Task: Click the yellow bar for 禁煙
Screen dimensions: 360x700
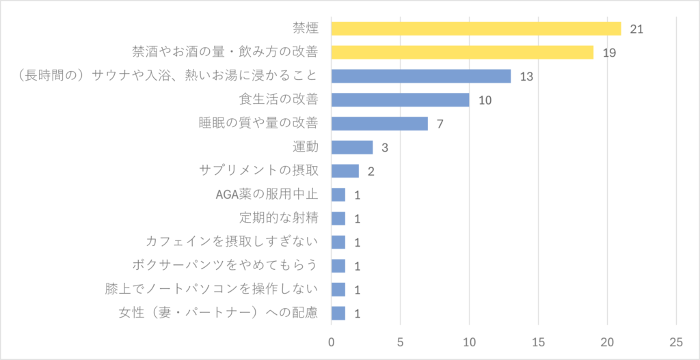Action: point(476,29)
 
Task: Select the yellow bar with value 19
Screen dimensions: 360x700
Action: point(462,53)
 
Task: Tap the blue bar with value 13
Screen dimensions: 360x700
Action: point(420,76)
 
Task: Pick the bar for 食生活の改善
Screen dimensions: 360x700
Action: point(400,100)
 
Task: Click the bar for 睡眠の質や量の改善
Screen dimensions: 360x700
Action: point(379,124)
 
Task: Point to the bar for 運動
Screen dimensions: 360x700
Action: point(352,148)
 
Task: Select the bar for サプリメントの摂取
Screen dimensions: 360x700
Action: point(345,171)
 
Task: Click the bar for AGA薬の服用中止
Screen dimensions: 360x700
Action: point(338,195)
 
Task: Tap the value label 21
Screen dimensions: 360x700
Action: point(637,29)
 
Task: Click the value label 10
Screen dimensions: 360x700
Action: point(485,100)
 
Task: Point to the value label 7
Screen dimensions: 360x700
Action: point(440,124)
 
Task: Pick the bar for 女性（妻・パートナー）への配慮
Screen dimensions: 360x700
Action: point(338,313)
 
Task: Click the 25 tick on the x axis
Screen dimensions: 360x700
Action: point(676,342)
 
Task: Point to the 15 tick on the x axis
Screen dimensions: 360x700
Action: point(538,342)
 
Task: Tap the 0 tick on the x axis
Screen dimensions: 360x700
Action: point(332,342)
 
